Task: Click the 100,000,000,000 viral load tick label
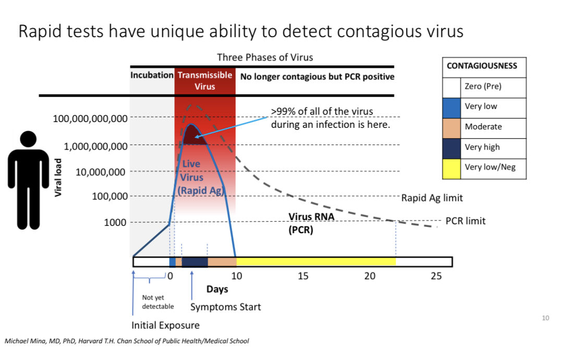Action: point(90,119)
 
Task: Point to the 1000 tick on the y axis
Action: point(115,223)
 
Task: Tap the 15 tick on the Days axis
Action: point(303,275)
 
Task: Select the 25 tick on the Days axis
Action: point(436,275)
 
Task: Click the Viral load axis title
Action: point(58,177)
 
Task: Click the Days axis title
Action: point(217,289)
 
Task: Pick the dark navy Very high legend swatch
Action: point(452,148)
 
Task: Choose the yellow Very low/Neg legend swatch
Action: point(452,168)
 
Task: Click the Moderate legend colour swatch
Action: point(452,127)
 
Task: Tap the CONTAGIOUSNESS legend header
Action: point(482,66)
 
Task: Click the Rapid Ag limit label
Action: point(432,198)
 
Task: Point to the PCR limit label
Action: point(465,221)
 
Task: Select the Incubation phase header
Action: point(152,76)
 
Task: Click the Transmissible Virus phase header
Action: point(205,81)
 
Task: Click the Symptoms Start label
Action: point(225,307)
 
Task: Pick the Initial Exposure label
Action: point(165,326)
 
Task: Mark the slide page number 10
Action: point(545,318)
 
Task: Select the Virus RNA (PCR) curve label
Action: point(311,224)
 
